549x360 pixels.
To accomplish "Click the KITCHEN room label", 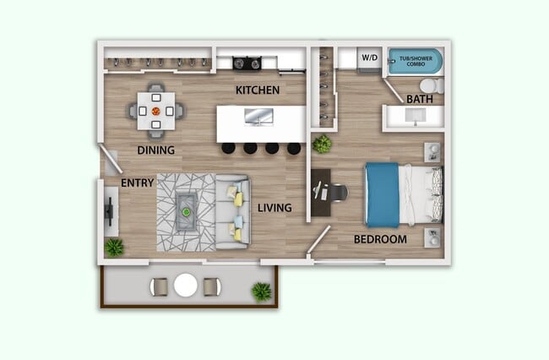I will click(258, 90).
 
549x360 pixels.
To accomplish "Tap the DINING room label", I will click(155, 151).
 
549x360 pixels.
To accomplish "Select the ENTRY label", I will click(137, 183).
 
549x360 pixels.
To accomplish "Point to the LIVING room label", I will click(275, 208).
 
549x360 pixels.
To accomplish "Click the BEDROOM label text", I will click(379, 239).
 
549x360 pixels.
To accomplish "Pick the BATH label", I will click(420, 100).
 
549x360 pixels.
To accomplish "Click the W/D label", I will click(370, 58).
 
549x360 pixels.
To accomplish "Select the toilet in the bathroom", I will click(430, 86).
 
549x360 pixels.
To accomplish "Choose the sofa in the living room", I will click(231, 211).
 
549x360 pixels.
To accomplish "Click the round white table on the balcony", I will click(186, 286).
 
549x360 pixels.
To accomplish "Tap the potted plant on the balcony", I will click(261, 292).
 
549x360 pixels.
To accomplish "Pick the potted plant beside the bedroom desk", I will click(321, 144).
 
